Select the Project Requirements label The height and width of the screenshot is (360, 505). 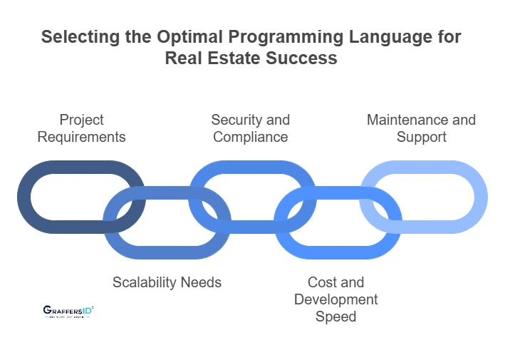[81, 128]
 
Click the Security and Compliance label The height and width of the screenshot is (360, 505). [250, 128]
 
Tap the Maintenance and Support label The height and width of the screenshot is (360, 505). [421, 128]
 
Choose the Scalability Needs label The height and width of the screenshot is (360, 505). [167, 282]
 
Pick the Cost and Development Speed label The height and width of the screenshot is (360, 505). [335, 299]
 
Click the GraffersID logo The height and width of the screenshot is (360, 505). [68, 312]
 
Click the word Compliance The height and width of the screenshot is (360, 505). [250, 136]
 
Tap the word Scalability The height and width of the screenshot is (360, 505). [145, 282]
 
